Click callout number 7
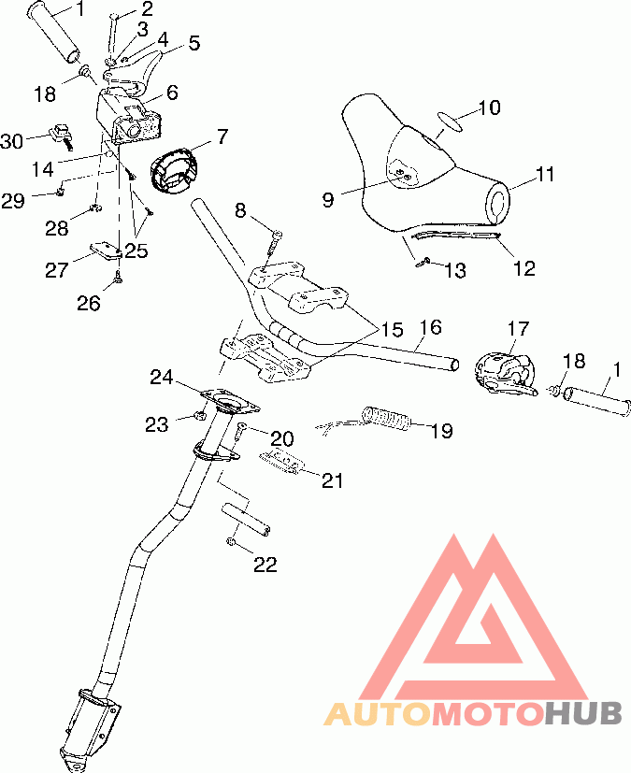point(222,136)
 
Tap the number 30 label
point(12,141)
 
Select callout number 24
point(162,378)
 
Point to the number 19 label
point(441,431)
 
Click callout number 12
point(524,268)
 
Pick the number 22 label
point(265,565)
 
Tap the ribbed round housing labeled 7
point(173,170)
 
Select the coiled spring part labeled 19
point(387,419)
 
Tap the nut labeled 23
point(200,416)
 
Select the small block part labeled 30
point(63,136)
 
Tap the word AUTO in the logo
point(378,713)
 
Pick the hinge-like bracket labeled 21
point(282,463)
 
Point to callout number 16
point(430,327)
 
